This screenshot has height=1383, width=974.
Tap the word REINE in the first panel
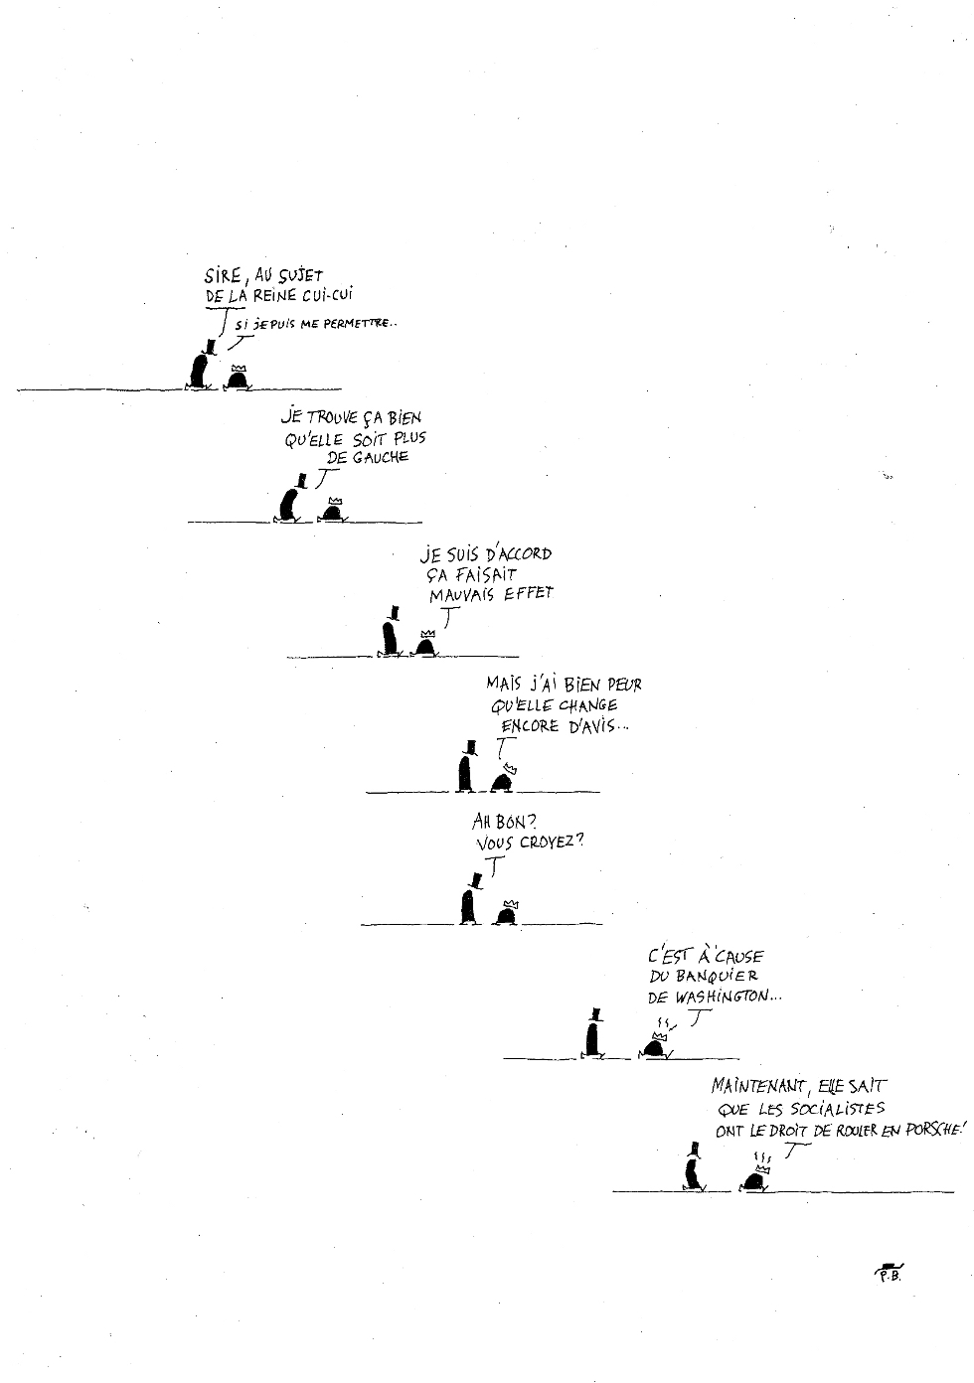pyautogui.click(x=279, y=296)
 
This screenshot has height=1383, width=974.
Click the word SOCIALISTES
pyautogui.click(x=834, y=1109)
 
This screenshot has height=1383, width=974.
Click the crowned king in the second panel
pyautogui.click(x=331, y=509)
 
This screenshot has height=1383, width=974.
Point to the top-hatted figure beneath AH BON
pyautogui.click(x=467, y=901)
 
